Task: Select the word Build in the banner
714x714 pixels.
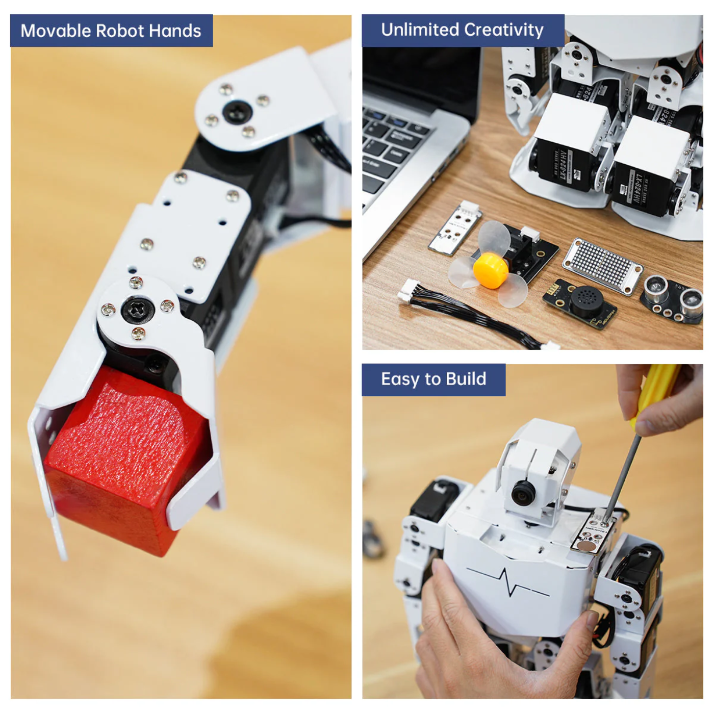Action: click(466, 379)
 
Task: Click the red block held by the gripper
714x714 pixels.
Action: click(122, 459)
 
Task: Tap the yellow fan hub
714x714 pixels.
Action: click(490, 270)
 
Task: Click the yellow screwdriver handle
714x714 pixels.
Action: click(655, 393)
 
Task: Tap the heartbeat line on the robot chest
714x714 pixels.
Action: click(507, 581)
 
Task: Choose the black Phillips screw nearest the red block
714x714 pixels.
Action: click(137, 310)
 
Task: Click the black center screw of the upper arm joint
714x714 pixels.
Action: click(238, 111)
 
